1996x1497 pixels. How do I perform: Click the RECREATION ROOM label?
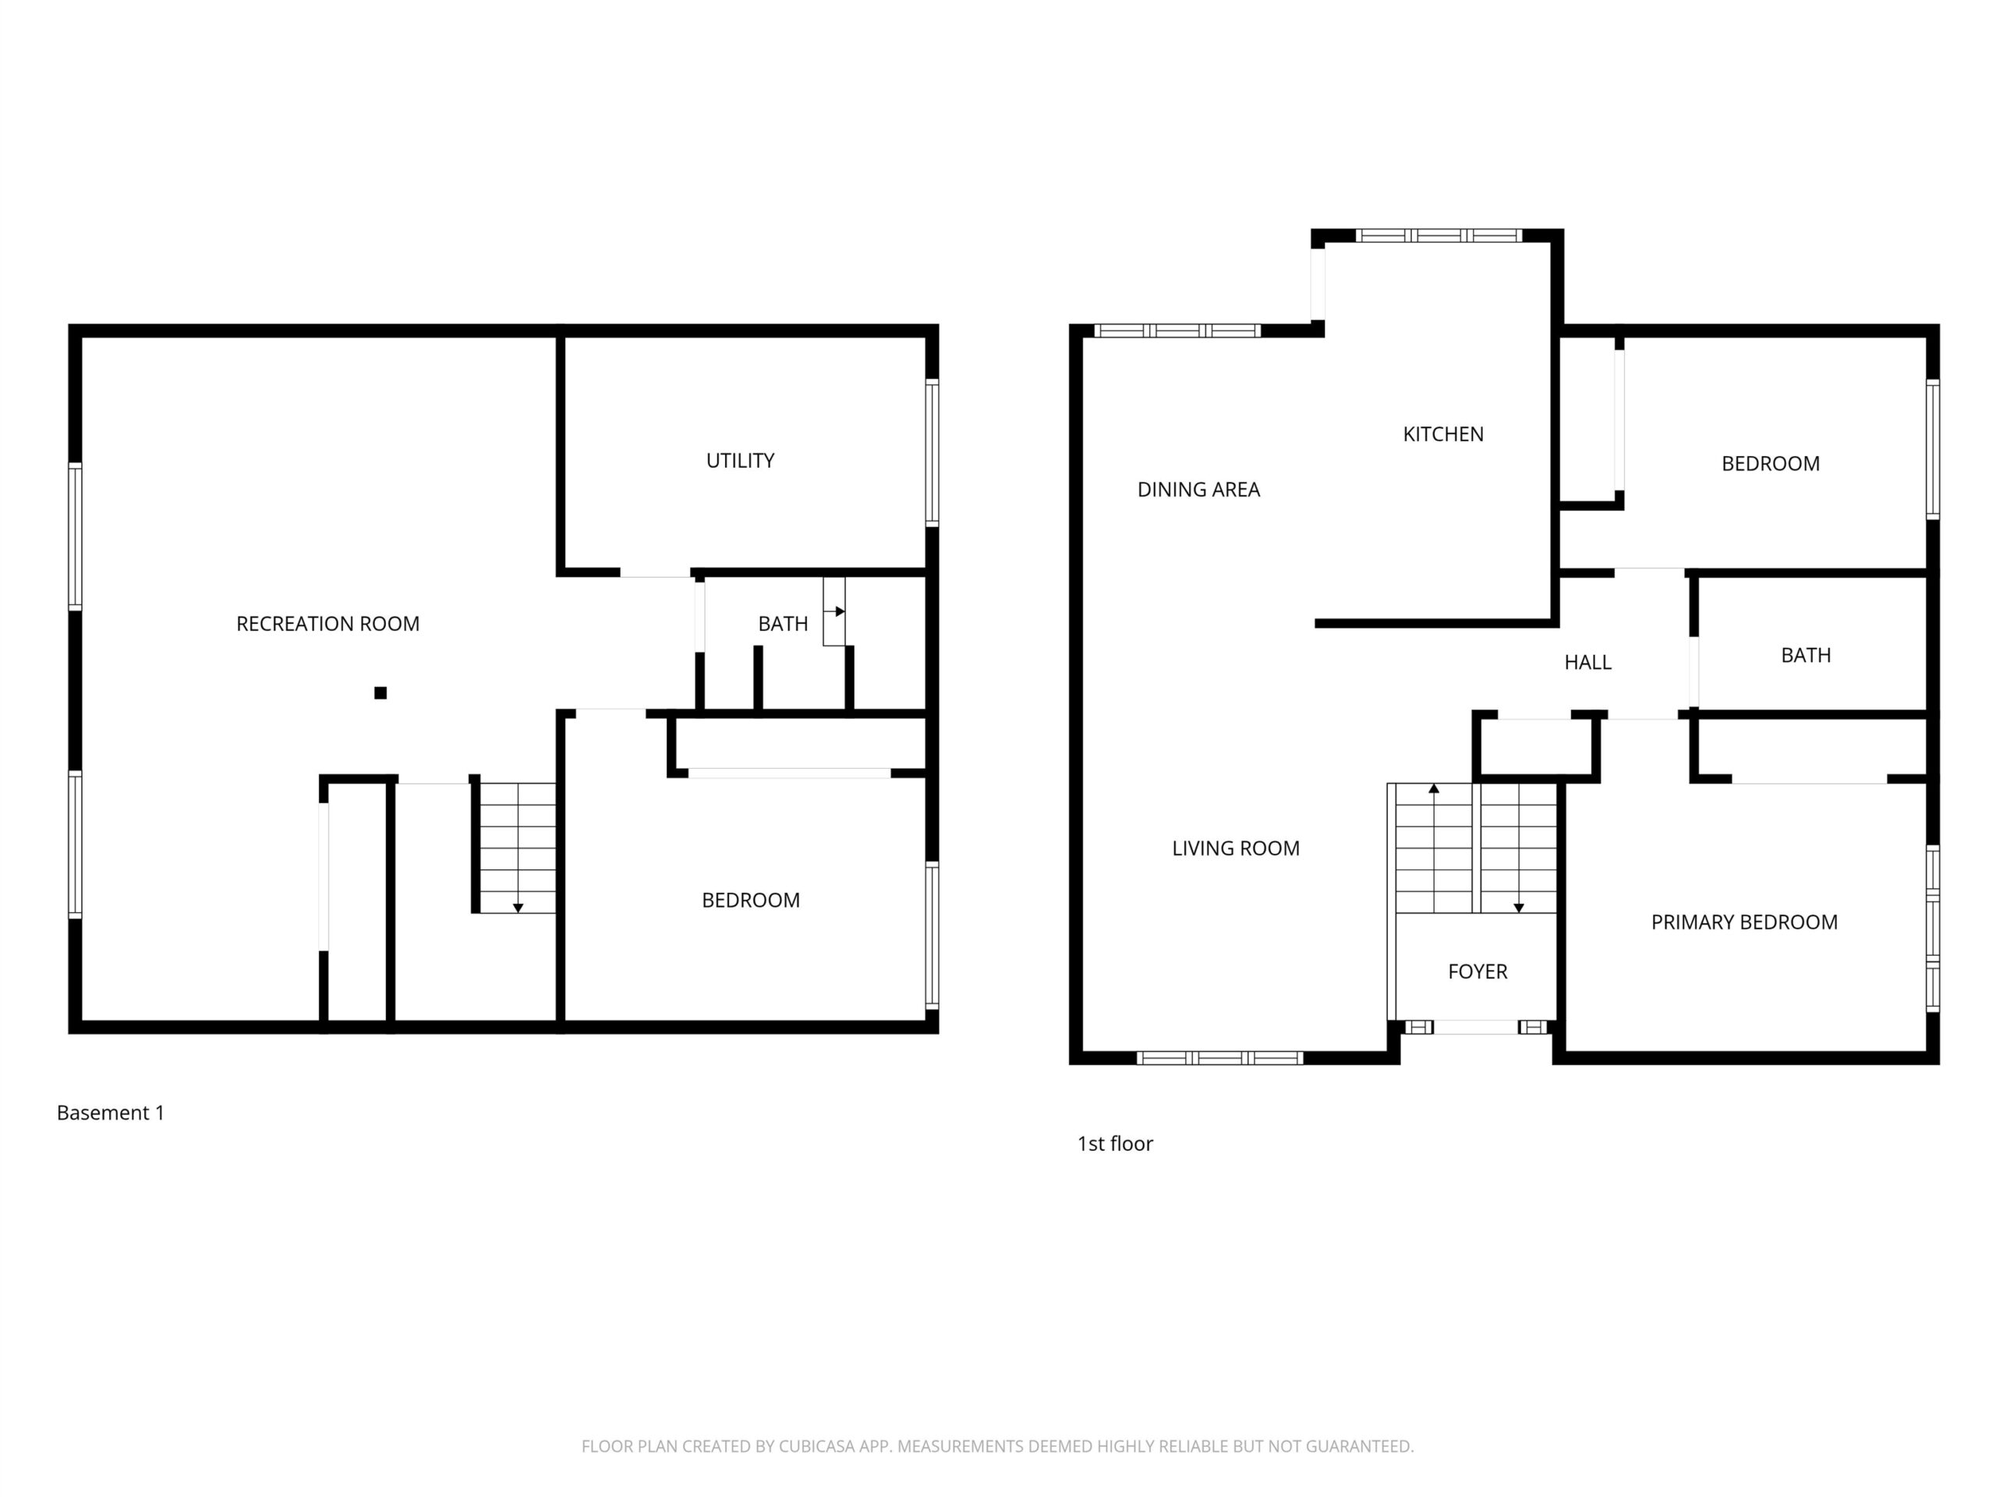tap(327, 624)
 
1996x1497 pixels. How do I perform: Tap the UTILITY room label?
tap(740, 460)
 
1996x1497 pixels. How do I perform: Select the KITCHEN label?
tap(1443, 434)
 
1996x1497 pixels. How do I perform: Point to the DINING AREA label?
tap(1198, 489)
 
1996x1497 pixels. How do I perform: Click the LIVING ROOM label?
tap(1235, 848)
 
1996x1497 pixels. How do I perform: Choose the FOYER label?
tap(1478, 971)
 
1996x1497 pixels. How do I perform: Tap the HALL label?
tap(1587, 662)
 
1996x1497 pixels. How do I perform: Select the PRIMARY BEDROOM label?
tap(1744, 922)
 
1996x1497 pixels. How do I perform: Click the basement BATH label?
tap(782, 624)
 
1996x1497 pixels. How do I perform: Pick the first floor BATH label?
tap(1806, 655)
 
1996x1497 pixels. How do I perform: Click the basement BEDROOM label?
tap(751, 900)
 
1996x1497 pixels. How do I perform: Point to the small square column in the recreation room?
tap(380, 693)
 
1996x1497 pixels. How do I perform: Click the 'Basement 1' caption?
tap(110, 1113)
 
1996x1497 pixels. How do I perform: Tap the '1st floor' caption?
tap(1115, 1143)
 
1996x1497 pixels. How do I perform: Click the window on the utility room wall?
tap(933, 452)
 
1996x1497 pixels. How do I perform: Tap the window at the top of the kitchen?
tap(1439, 235)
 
